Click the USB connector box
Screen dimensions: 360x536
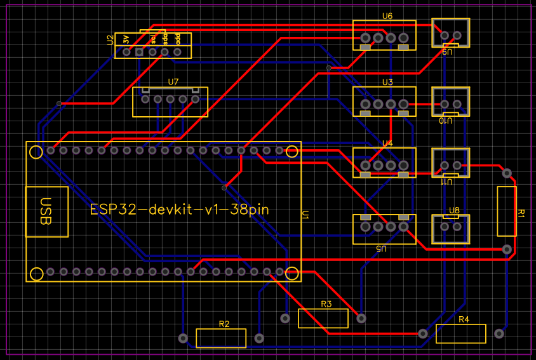pyautogui.click(x=46, y=212)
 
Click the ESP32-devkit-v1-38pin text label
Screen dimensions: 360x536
pyautogui.click(x=180, y=210)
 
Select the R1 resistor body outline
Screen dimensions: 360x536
pyautogui.click(x=506, y=211)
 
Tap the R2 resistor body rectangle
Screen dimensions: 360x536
pyautogui.click(x=221, y=338)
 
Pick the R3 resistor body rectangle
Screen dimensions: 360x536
pyautogui.click(x=323, y=318)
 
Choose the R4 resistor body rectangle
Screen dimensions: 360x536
pyautogui.click(x=461, y=333)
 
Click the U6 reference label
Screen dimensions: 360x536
pyautogui.click(x=387, y=16)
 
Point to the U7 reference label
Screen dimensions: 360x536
pyautogui.click(x=173, y=82)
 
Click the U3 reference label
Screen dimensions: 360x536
pyautogui.click(x=387, y=82)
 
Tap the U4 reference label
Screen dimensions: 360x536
pyautogui.click(x=387, y=143)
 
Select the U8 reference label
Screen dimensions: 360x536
pyautogui.click(x=454, y=210)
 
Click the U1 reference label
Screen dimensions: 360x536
pyautogui.click(x=305, y=216)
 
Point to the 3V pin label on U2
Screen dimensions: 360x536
pyautogui.click(x=127, y=39)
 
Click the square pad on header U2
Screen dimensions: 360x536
pyautogui.click(x=139, y=51)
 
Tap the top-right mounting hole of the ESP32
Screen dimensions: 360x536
pyautogui.click(x=292, y=151)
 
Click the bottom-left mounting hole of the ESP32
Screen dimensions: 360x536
pyautogui.click(x=37, y=274)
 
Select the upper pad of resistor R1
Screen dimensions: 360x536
pyautogui.click(x=507, y=173)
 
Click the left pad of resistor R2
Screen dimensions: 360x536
pyautogui.click(x=184, y=338)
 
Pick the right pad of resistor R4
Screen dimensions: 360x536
pyautogui.click(x=499, y=333)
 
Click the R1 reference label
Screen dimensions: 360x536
pyautogui.click(x=521, y=213)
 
